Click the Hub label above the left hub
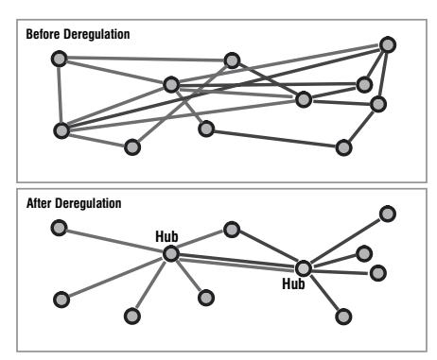(x=166, y=236)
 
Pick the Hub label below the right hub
(x=293, y=283)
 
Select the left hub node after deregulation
(x=171, y=254)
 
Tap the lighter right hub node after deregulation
(x=304, y=268)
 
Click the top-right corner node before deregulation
(x=388, y=44)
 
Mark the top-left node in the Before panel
(x=59, y=59)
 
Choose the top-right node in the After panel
(x=388, y=214)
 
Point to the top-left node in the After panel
(x=59, y=228)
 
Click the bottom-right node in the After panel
(x=343, y=317)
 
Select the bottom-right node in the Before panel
(x=343, y=147)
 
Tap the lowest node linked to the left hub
(x=132, y=316)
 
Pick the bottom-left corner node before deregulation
(x=61, y=130)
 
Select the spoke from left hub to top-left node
(x=114, y=241)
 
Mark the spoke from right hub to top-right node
(x=345, y=241)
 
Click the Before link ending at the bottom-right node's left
(x=274, y=139)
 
